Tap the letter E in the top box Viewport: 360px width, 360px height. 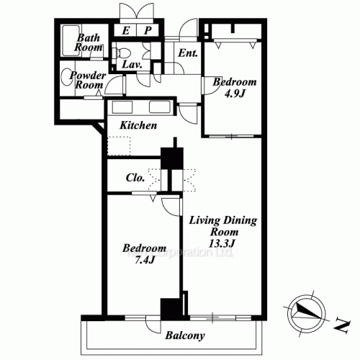click(x=125, y=31)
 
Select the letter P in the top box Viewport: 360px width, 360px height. click(x=147, y=31)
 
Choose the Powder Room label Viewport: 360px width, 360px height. click(x=89, y=80)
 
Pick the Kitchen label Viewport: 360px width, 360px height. click(x=138, y=126)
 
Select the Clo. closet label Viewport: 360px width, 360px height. click(x=135, y=176)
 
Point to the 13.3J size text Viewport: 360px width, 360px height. click(x=222, y=244)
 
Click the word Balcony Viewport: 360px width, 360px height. click(x=185, y=336)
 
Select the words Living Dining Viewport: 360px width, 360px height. click(x=222, y=220)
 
